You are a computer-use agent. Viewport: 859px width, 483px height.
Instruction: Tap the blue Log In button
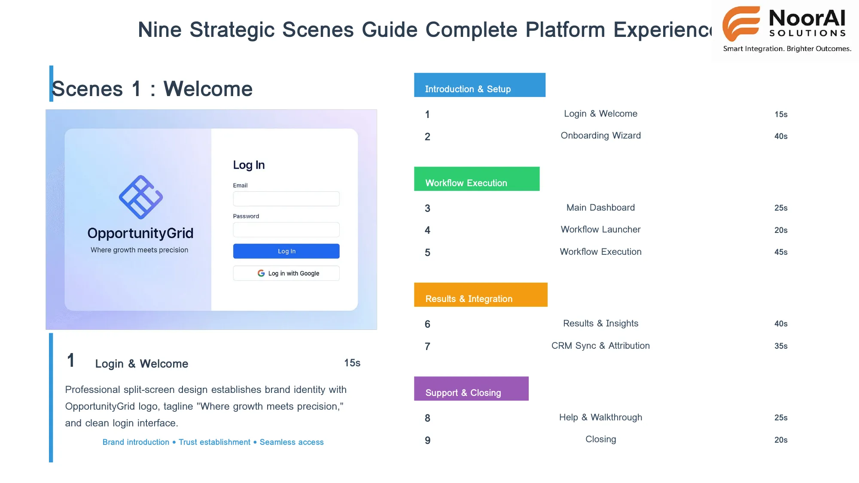tap(286, 251)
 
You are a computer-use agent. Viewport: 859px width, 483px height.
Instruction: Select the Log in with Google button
tap(286, 273)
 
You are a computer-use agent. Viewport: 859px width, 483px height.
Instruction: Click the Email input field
tap(286, 199)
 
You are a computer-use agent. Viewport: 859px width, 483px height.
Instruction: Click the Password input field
tap(286, 230)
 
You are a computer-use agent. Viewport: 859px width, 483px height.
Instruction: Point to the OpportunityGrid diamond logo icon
tap(141, 197)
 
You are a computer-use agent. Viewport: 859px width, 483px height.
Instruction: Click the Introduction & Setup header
tap(479, 85)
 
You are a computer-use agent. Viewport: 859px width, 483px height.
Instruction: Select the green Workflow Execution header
tap(476, 179)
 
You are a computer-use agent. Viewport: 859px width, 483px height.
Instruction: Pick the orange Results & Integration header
tap(480, 295)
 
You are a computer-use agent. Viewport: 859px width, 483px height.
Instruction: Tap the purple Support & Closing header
tap(471, 389)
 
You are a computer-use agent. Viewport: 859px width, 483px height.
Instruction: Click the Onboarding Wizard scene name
tap(600, 136)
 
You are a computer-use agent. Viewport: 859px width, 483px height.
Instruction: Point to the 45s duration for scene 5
tap(780, 252)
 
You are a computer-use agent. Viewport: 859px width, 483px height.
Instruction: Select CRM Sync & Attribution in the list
tap(600, 346)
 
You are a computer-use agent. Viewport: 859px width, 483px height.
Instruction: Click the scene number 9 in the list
tap(427, 441)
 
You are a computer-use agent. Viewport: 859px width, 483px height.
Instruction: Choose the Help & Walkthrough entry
tap(600, 418)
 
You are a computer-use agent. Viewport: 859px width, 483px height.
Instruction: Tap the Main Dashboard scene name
tap(600, 208)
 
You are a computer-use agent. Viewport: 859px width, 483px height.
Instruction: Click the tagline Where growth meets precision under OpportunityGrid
tap(139, 250)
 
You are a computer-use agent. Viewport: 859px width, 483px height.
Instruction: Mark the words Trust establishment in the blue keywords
tap(214, 442)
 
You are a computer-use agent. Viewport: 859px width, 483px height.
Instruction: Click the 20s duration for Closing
tap(780, 440)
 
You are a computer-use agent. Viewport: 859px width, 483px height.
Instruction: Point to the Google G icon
tap(261, 273)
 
